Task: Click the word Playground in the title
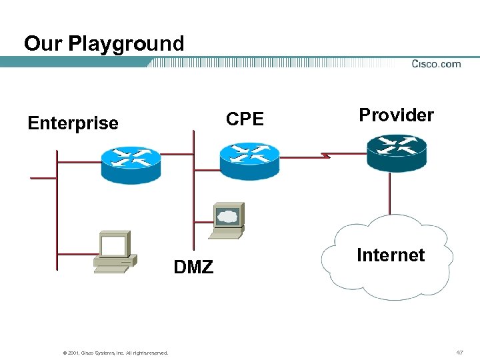pyautogui.click(x=126, y=44)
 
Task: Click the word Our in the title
pyautogui.click(x=44, y=44)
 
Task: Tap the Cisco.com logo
pyautogui.click(x=436, y=64)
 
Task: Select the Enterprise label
pyautogui.click(x=73, y=123)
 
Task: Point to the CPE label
pyautogui.click(x=245, y=119)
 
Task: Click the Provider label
pyautogui.click(x=396, y=115)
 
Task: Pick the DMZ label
pyautogui.click(x=193, y=268)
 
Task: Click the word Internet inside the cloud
pyautogui.click(x=391, y=255)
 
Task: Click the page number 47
pyautogui.click(x=459, y=351)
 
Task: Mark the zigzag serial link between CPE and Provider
pyautogui.click(x=323, y=156)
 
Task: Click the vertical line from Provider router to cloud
pyautogui.click(x=391, y=193)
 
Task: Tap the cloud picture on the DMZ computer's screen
pyautogui.click(x=228, y=215)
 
